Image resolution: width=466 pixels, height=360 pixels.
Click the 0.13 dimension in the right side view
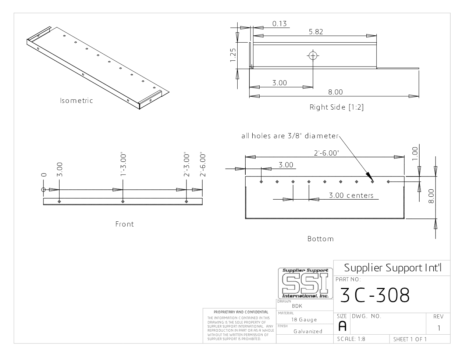(280, 24)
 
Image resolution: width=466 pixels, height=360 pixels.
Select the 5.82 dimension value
(316, 32)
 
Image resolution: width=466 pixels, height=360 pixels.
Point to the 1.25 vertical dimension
(233, 55)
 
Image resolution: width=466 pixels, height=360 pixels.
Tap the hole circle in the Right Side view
(313, 56)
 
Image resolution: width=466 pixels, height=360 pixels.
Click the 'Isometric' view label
(77, 100)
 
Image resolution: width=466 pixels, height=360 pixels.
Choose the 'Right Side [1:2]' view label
(337, 107)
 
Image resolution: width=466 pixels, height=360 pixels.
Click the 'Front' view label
(124, 224)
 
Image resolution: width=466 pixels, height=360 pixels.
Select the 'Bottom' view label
(321, 239)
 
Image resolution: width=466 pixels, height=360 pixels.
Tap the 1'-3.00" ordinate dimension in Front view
(123, 165)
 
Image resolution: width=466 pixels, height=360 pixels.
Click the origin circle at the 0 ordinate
(43, 189)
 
